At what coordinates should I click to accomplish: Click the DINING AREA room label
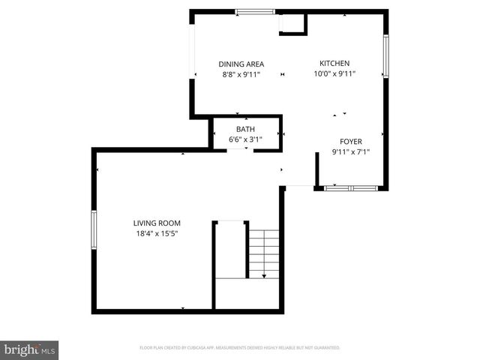241,64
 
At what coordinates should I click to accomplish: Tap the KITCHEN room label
334,63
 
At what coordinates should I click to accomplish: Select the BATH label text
245,129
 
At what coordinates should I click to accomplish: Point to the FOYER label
351,141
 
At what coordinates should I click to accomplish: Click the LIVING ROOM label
157,223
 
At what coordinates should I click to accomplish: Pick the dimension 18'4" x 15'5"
157,233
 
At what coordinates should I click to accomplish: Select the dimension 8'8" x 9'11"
241,74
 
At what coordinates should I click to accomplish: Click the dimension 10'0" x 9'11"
334,73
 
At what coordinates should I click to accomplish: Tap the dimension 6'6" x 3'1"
245,139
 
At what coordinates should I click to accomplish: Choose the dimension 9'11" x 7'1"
351,151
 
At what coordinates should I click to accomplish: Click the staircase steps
264,253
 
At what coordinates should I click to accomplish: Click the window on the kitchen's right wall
386,57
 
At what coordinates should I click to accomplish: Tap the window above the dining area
255,11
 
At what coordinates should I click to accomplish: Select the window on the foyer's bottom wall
350,188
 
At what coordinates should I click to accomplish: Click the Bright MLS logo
30,349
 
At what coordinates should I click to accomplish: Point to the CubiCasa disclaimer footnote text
240,348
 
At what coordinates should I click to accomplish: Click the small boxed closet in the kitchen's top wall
292,24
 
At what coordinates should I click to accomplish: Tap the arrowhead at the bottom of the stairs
264,276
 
